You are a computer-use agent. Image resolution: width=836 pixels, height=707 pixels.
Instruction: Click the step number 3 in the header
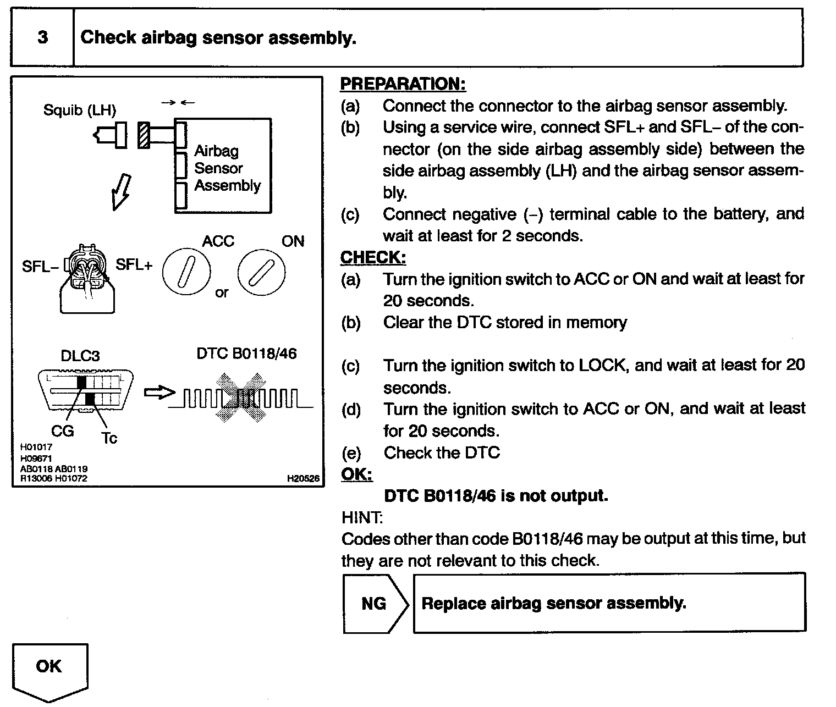[42, 37]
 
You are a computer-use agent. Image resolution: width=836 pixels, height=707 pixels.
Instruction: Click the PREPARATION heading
[403, 84]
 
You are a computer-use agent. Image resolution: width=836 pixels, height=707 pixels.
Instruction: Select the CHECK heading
[373, 257]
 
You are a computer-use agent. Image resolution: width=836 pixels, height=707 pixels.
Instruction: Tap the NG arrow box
[375, 604]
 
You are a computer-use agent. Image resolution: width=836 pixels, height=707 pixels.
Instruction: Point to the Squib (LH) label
[80, 111]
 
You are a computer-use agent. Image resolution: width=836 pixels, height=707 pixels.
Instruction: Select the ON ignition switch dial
[261, 272]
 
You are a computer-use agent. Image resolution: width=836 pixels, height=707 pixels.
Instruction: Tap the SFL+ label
[134, 264]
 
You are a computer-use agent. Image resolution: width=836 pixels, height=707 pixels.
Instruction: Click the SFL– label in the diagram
[40, 267]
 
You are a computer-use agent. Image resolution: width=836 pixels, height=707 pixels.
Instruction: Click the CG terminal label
[62, 431]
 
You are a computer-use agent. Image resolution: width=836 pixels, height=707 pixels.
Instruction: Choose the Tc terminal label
[109, 438]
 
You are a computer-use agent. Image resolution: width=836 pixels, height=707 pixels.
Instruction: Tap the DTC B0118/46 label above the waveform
[246, 353]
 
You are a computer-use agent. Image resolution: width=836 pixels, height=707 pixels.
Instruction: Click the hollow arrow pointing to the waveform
[158, 393]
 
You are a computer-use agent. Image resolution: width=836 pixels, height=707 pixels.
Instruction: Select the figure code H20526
[303, 478]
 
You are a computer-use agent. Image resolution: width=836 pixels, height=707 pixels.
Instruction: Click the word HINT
[361, 517]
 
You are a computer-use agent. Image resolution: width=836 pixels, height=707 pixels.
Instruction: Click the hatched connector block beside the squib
[144, 135]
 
